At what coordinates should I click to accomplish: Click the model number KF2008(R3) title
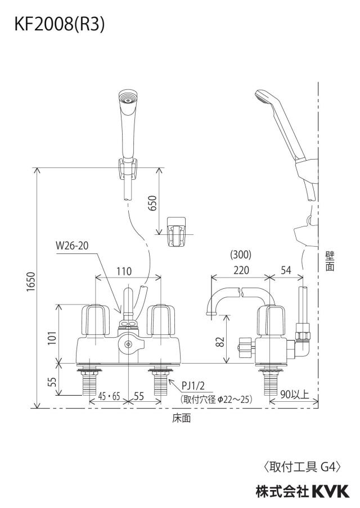pyautogui.click(x=60, y=25)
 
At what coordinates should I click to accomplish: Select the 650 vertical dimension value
pyautogui.click(x=152, y=203)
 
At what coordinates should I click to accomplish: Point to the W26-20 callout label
pyautogui.click(x=72, y=246)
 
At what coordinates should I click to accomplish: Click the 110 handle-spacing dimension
pyautogui.click(x=124, y=271)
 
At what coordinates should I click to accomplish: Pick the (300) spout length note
pyautogui.click(x=241, y=255)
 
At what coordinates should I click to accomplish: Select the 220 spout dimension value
pyautogui.click(x=241, y=270)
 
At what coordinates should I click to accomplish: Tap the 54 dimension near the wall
pyautogui.click(x=286, y=270)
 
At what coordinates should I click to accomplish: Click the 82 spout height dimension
pyautogui.click(x=220, y=342)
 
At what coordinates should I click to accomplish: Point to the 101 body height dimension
pyautogui.click(x=52, y=338)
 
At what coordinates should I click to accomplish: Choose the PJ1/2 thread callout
pyautogui.click(x=193, y=385)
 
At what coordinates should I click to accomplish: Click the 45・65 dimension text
pyautogui.click(x=109, y=396)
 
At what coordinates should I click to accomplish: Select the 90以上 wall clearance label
pyautogui.click(x=295, y=394)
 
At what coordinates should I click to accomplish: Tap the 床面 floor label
pyautogui.click(x=181, y=418)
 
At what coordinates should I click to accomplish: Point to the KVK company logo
pyautogui.click(x=331, y=491)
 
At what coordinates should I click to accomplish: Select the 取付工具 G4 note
pyautogui.click(x=301, y=467)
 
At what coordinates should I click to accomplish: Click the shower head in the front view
pyautogui.click(x=128, y=123)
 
